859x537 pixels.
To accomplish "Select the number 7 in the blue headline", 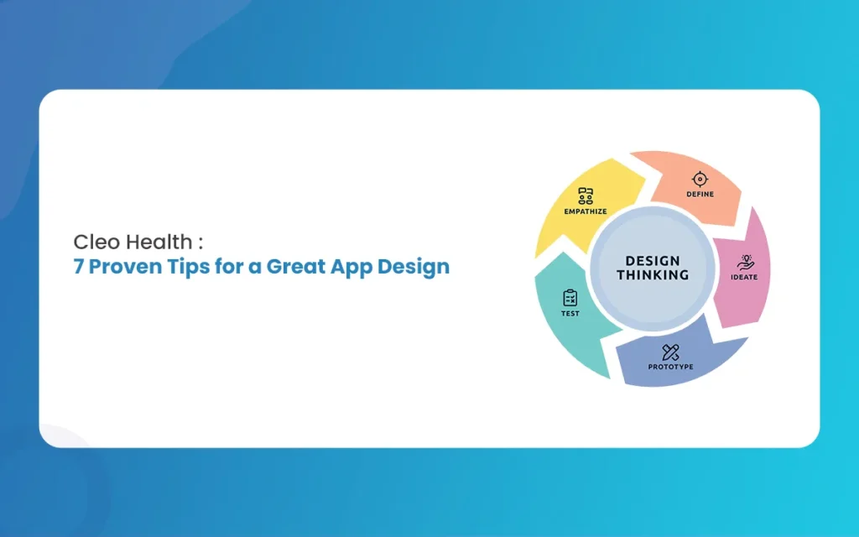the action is pyautogui.click(x=78, y=267).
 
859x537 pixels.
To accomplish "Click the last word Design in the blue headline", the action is pyautogui.click(x=414, y=268).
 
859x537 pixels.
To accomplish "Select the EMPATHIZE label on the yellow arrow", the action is pyautogui.click(x=586, y=211).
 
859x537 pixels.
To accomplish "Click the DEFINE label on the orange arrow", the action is pyautogui.click(x=700, y=194).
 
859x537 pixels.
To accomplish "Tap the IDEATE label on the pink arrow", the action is pyautogui.click(x=744, y=277).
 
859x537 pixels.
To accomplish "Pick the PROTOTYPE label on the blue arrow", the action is pyautogui.click(x=670, y=367).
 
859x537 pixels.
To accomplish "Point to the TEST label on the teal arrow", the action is pyautogui.click(x=570, y=314).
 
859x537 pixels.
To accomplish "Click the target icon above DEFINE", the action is pyautogui.click(x=700, y=179).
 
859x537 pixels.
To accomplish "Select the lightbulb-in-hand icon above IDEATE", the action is pyautogui.click(x=745, y=263).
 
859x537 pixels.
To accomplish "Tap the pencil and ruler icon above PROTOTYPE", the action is pyautogui.click(x=670, y=352).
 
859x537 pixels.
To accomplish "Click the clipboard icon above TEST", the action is pyautogui.click(x=570, y=298).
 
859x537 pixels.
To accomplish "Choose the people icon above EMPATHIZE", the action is pyautogui.click(x=586, y=196).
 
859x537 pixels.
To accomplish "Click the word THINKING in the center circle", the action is pyautogui.click(x=653, y=274).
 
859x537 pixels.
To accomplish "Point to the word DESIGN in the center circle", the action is pyautogui.click(x=653, y=261).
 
